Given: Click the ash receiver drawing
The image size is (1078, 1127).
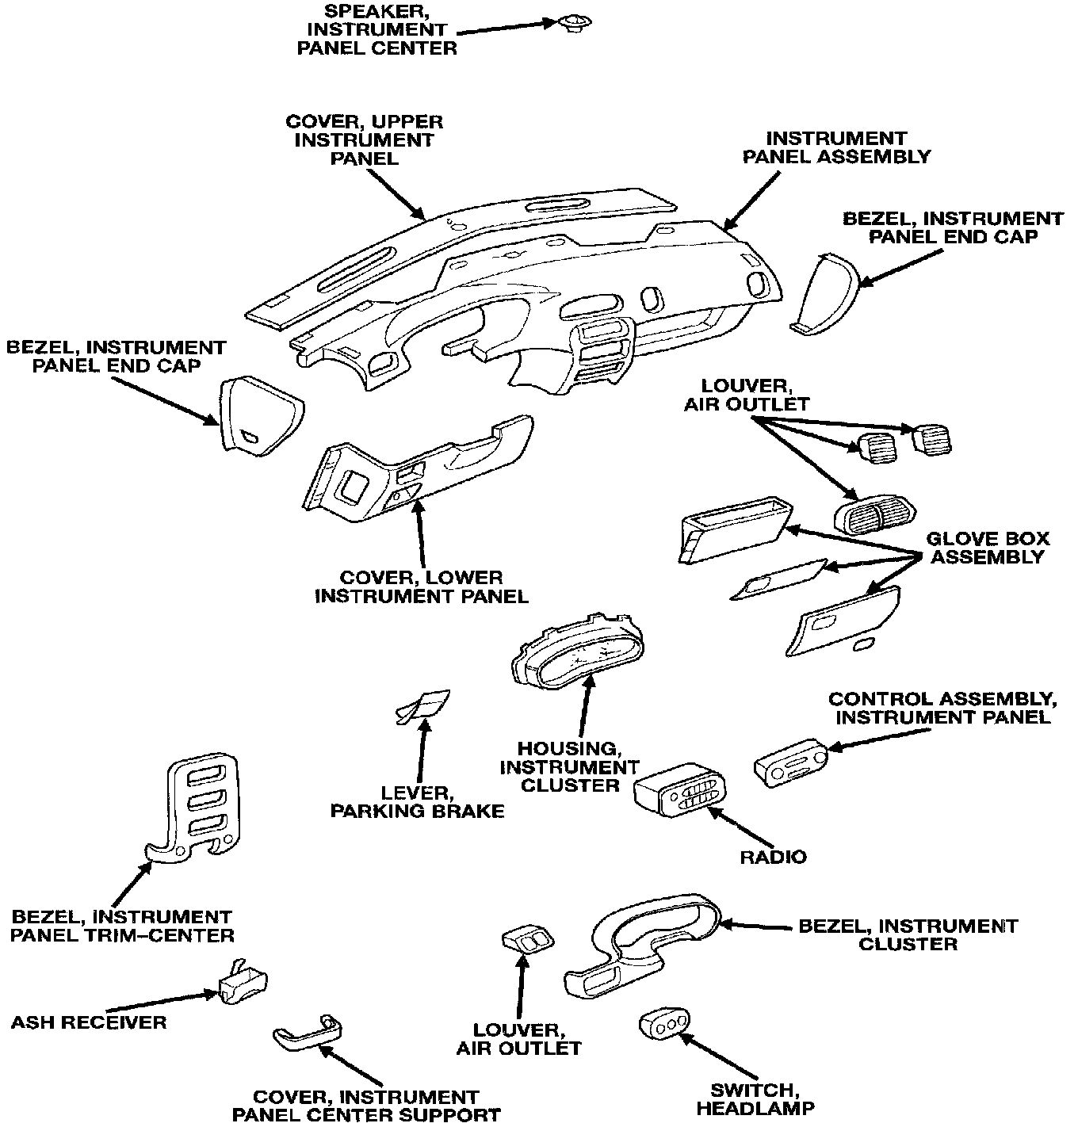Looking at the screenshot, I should click(241, 985).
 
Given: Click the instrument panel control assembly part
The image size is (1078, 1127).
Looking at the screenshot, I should click(789, 762).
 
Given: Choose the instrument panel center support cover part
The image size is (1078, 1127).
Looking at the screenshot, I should click(306, 1032).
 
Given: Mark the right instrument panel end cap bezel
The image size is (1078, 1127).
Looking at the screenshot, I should click(825, 294).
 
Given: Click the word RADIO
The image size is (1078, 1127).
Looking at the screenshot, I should click(772, 857).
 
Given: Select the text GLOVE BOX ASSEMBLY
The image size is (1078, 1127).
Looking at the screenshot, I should click(987, 548).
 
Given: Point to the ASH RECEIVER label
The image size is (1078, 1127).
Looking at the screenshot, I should click(89, 1022).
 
